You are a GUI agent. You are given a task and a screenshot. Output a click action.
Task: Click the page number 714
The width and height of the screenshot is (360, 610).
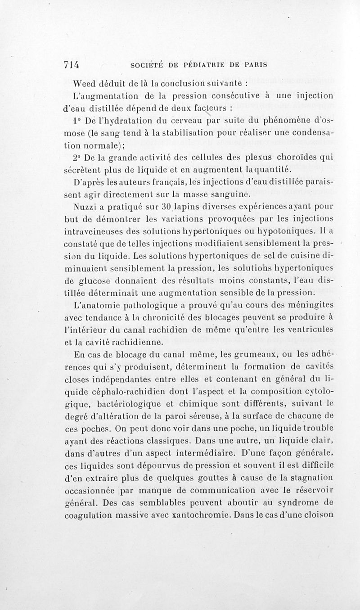point(71,64)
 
